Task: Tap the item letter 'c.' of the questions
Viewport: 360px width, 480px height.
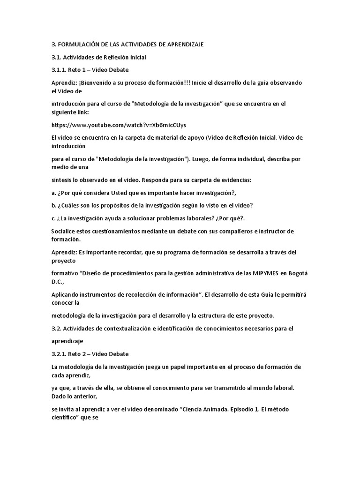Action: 54,217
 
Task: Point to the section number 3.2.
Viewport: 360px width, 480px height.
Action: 57,329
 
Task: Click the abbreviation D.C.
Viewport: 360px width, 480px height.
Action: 58,281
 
